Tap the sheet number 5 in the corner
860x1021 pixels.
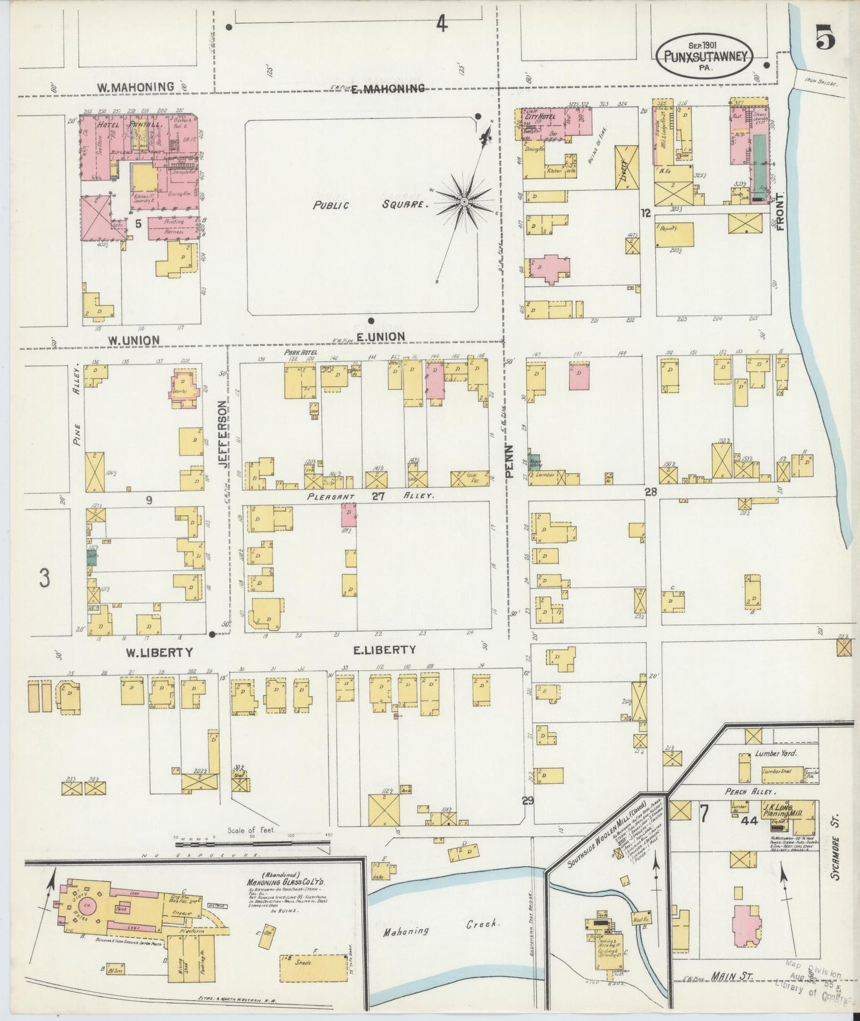pyautogui.click(x=824, y=39)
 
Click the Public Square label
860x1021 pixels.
pyautogui.click(x=371, y=204)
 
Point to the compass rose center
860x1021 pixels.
pyautogui.click(x=464, y=203)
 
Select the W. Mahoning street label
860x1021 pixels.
pyautogui.click(x=136, y=87)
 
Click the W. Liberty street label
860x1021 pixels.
pyautogui.click(x=159, y=652)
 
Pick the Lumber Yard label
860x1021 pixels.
pyautogui.click(x=775, y=753)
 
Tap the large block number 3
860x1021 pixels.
pyautogui.click(x=44, y=578)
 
